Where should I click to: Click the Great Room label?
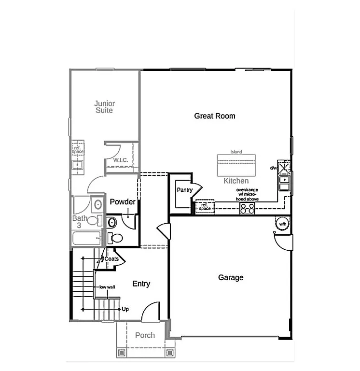point(215,116)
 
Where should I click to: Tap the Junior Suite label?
point(104,107)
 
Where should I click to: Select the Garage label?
point(231,278)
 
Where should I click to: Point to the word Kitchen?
point(236,181)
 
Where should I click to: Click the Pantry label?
point(184,190)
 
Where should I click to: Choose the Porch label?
point(145,335)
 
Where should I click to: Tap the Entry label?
point(141,284)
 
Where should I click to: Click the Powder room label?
point(123,201)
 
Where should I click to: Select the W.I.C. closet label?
point(120,160)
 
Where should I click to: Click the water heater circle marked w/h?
point(282,224)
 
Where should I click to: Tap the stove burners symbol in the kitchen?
point(248,208)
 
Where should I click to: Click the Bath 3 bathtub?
point(87,239)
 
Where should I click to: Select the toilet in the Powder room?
point(116,238)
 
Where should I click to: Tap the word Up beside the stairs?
point(125,309)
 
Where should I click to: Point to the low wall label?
point(107,287)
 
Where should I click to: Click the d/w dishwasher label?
point(273,168)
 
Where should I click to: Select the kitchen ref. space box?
point(204,207)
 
